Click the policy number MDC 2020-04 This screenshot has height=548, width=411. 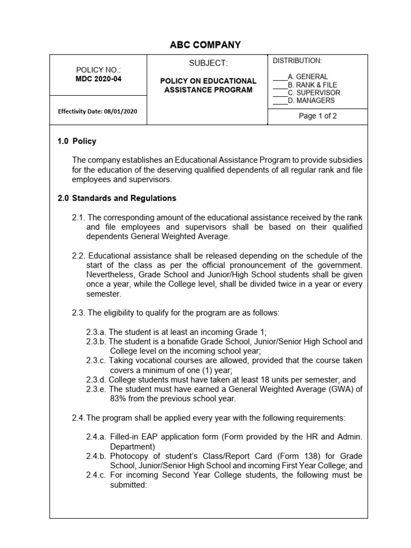(99, 79)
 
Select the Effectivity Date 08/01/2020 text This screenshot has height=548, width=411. (98, 111)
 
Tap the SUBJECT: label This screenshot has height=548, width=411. (208, 63)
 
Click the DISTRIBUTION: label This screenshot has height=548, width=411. (297, 60)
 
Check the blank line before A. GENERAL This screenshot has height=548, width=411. (280, 77)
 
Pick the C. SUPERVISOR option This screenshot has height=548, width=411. (314, 93)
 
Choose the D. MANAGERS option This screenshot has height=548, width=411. (311, 101)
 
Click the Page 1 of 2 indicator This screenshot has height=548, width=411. (318, 116)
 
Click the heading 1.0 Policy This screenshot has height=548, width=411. (77, 141)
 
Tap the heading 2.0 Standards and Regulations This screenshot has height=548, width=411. (117, 198)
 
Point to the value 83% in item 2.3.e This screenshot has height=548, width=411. (118, 399)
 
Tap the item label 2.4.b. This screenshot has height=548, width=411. (96, 456)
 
